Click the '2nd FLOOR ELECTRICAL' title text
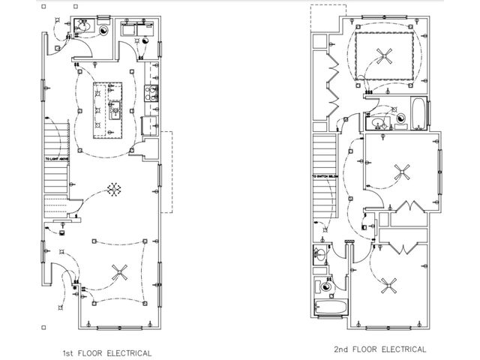click(380, 349)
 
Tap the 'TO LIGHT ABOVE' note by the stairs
click(58, 159)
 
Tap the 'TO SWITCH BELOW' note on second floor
click(324, 178)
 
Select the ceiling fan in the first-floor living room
click(118, 273)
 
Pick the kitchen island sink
click(115, 112)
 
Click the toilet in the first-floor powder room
click(84, 29)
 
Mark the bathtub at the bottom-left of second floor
click(330, 307)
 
